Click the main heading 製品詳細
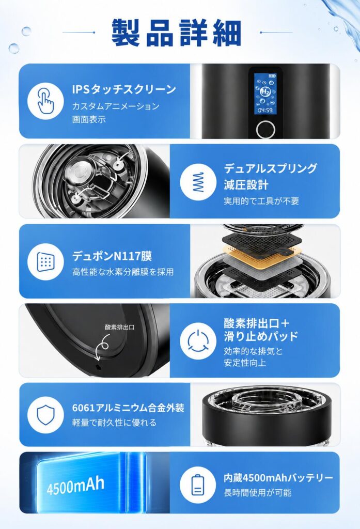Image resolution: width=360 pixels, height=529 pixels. click(176, 33)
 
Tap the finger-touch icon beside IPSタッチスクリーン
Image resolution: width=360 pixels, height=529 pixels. click(45, 101)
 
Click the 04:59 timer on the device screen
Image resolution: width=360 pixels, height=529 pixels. click(265, 110)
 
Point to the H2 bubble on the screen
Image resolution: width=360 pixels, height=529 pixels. click(265, 91)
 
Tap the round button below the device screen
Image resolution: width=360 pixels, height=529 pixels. click(265, 129)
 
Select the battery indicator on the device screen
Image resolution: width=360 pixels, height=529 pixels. click(272, 76)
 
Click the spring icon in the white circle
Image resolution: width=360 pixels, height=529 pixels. click(198, 182)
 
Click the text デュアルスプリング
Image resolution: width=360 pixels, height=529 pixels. click(270, 168)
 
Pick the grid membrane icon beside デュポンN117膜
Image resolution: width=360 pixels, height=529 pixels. click(45, 261)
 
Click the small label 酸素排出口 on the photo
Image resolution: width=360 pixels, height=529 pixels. click(119, 327)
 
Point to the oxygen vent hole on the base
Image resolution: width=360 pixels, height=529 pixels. click(98, 366)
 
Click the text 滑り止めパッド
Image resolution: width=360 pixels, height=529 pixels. click(261, 336)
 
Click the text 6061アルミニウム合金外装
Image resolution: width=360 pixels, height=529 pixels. click(128, 408)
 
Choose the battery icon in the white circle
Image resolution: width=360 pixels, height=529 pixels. click(198, 485)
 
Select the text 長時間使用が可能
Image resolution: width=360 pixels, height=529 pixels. click(257, 492)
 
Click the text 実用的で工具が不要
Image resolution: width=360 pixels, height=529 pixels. click(261, 201)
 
